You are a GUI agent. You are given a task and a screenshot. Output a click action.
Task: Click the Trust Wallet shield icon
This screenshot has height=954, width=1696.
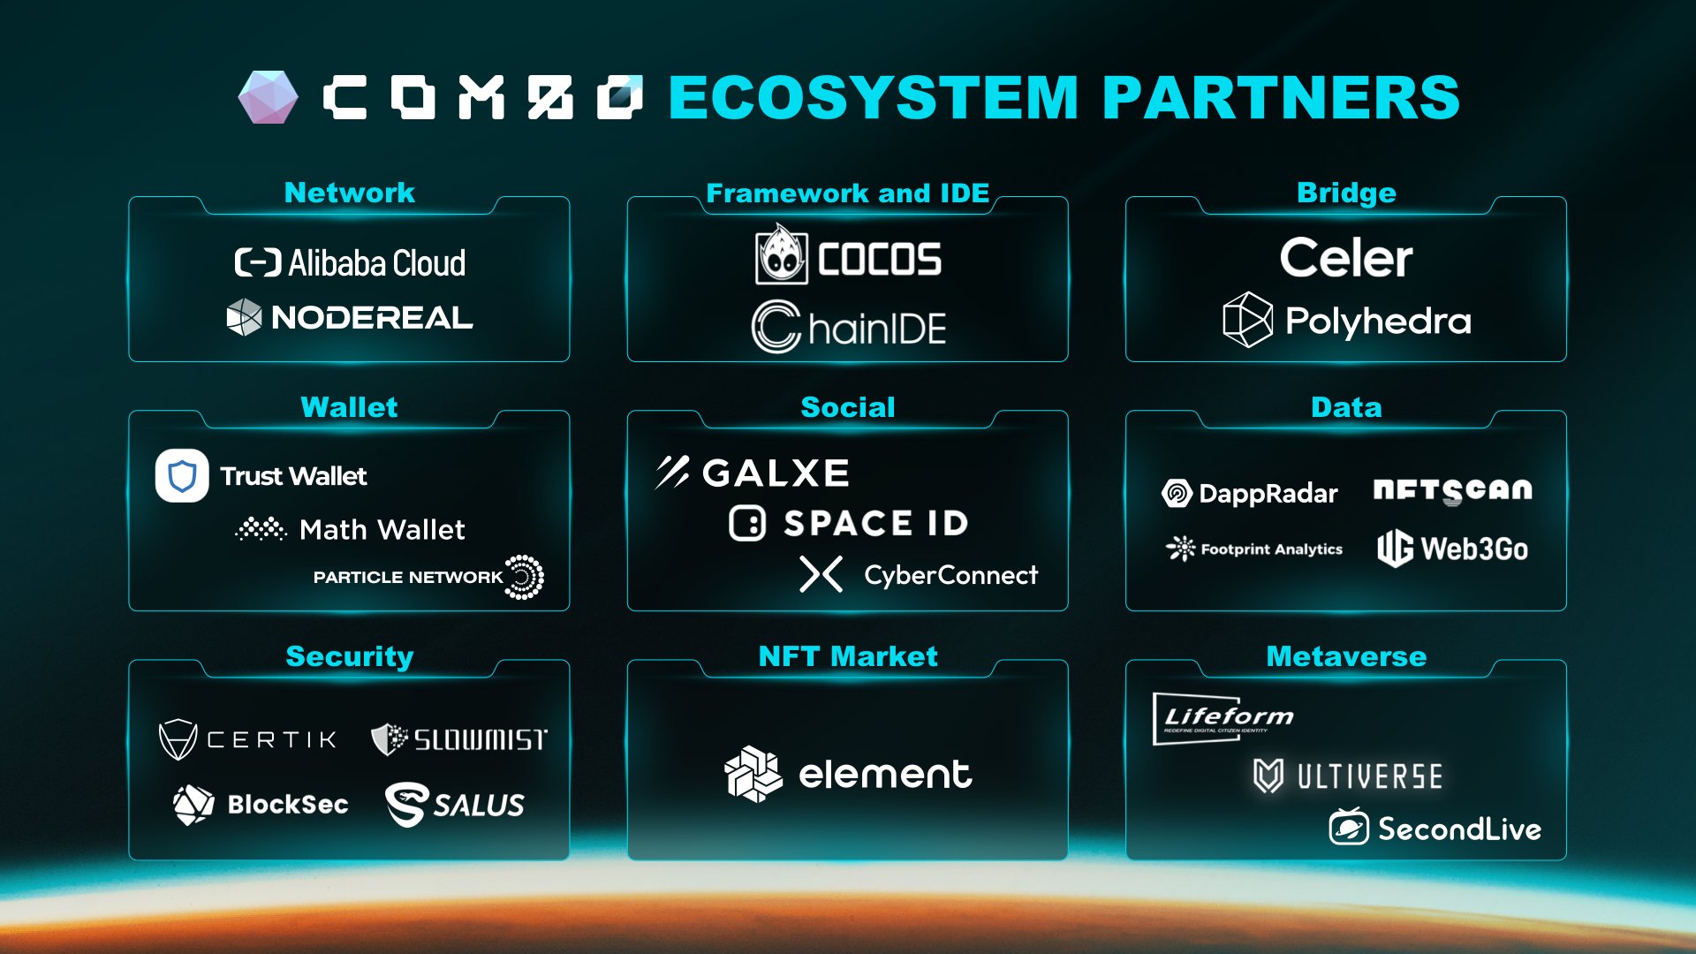(x=182, y=475)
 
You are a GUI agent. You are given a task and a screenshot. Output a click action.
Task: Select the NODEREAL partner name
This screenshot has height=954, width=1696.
(x=372, y=318)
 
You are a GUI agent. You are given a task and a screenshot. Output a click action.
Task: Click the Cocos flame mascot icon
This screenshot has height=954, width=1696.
(x=781, y=255)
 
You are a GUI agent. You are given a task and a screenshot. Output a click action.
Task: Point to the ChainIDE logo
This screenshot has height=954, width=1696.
(x=849, y=328)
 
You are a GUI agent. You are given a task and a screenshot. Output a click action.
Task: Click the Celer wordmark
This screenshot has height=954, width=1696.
(x=1346, y=258)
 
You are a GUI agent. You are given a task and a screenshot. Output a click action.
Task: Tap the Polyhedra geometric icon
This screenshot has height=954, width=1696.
(x=1247, y=320)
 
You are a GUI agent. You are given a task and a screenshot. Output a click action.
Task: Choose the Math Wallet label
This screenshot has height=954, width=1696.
(x=382, y=530)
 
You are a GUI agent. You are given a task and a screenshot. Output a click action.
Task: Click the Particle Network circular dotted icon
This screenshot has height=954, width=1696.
(x=525, y=578)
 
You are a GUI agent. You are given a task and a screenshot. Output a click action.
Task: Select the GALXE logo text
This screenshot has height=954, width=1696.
(x=776, y=473)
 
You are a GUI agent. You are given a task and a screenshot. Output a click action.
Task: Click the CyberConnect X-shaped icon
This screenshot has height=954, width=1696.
(x=821, y=574)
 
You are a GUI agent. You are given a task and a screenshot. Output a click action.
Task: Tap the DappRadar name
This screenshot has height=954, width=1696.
(x=1268, y=494)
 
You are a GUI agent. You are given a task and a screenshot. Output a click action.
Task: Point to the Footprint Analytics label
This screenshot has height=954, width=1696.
(x=1271, y=549)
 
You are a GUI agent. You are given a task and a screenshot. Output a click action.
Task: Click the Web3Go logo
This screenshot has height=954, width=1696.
(x=1452, y=549)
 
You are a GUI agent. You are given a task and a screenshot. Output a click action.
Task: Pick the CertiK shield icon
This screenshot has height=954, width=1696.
(x=178, y=739)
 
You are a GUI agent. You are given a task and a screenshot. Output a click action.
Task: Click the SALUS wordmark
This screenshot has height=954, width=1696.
(x=479, y=805)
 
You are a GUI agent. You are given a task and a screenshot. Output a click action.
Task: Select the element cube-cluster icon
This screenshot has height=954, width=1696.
(x=753, y=775)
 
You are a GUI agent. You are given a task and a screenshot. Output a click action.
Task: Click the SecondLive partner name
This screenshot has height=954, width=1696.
(x=1459, y=829)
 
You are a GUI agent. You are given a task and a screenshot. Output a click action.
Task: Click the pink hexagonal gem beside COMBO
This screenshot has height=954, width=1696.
(x=269, y=97)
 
